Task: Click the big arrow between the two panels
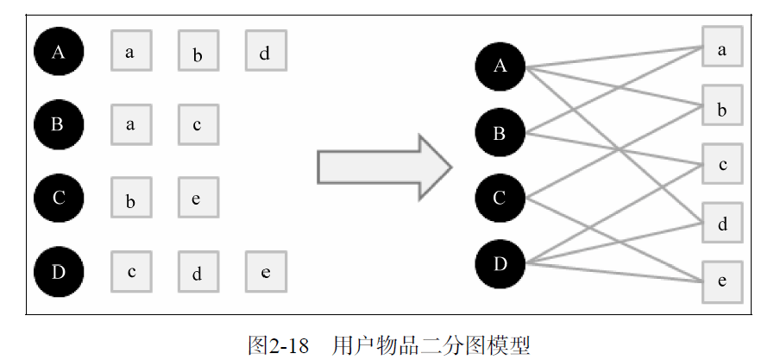tap(383, 167)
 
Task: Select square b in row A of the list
tap(198, 52)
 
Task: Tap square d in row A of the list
tap(265, 52)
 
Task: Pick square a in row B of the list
tap(130, 124)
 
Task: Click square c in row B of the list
tap(198, 124)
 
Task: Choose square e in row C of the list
tap(198, 198)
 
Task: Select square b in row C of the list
tap(130, 198)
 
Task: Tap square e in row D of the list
tap(265, 272)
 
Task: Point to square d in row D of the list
tap(198, 272)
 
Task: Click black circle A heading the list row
tap(58, 52)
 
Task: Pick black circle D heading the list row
tap(58, 272)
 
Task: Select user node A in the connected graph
tap(500, 66)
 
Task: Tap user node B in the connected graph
tap(500, 133)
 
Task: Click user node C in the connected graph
tap(500, 199)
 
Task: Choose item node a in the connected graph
tap(721, 49)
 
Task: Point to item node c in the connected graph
tap(721, 164)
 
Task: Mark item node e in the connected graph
tap(721, 281)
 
